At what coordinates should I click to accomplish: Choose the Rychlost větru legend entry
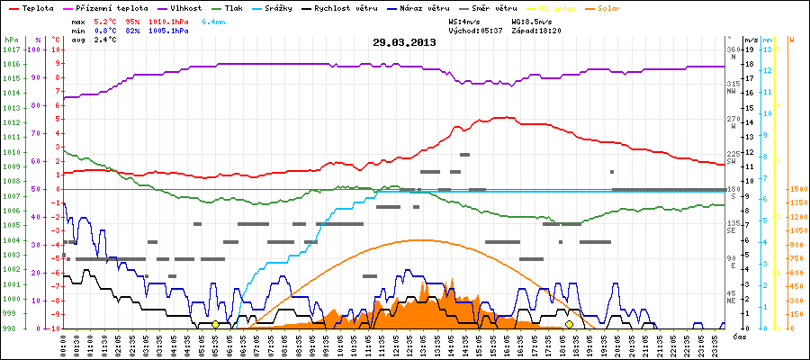[x=345, y=7]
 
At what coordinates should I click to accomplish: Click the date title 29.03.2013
[x=404, y=41]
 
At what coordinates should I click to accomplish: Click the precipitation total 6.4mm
[x=213, y=20]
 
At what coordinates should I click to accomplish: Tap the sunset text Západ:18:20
[x=535, y=30]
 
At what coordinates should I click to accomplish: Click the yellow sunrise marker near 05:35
[x=215, y=324]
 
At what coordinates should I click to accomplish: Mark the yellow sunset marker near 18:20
[x=570, y=324]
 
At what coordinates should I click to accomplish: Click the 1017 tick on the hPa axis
[x=11, y=49]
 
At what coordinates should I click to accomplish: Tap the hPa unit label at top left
[x=11, y=40]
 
